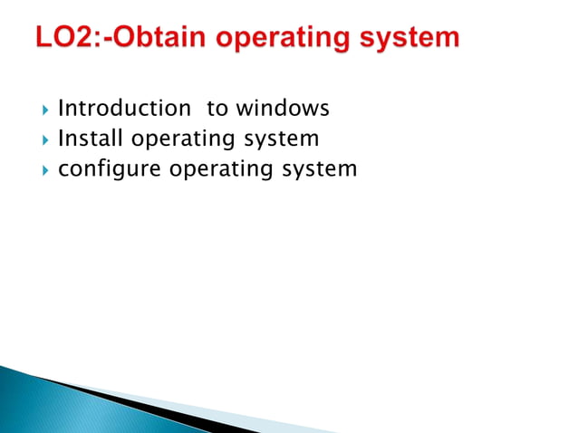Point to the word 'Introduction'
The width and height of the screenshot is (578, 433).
point(124,109)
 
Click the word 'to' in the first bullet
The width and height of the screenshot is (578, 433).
point(217,109)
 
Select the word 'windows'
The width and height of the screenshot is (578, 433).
point(282,109)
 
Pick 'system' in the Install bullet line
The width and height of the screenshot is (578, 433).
point(277,140)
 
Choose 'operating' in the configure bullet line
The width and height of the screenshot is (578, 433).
point(217,169)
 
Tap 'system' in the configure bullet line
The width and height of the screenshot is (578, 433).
point(316,169)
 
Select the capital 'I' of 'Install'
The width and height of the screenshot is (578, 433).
point(61,139)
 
